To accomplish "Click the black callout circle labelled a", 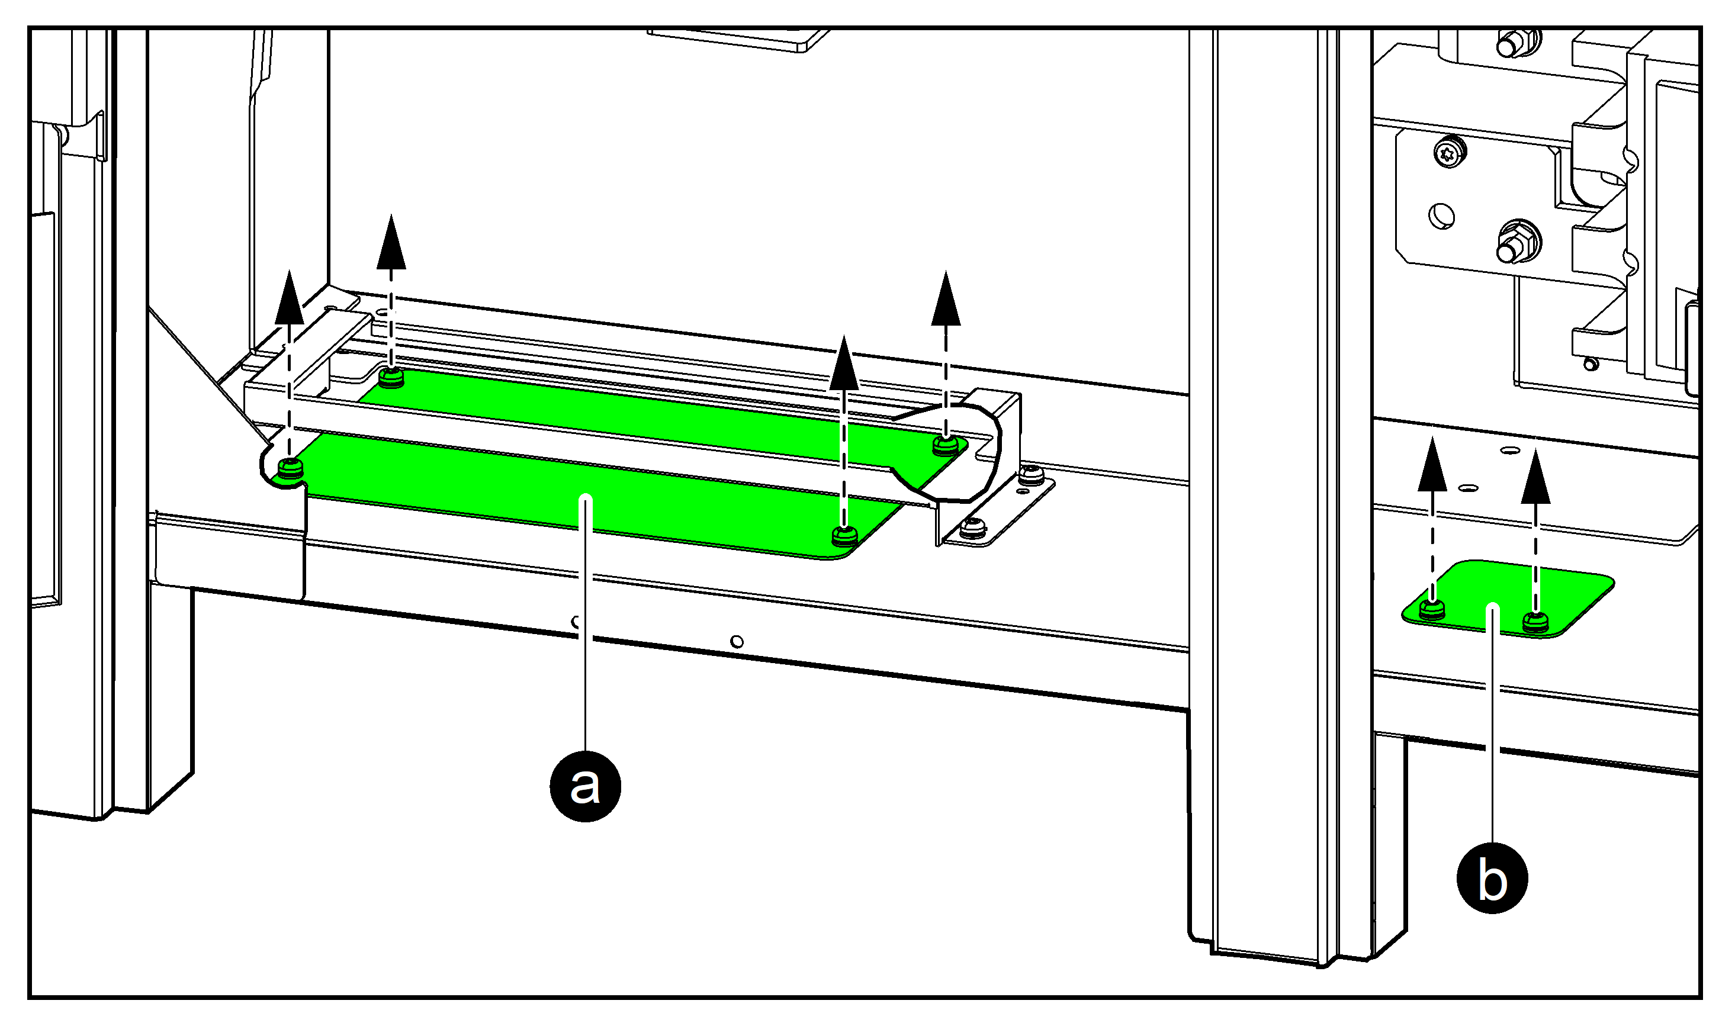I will pyautogui.click(x=585, y=786).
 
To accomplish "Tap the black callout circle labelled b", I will pyautogui.click(x=1492, y=878).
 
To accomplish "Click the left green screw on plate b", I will pyautogui.click(x=1432, y=609).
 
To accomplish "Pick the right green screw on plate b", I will pyautogui.click(x=1536, y=622).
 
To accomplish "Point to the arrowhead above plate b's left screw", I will pyautogui.click(x=1432, y=466).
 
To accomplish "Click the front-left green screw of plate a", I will pyautogui.click(x=290, y=468).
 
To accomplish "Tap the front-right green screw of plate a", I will pyautogui.click(x=844, y=535).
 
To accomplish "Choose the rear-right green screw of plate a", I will pyautogui.click(x=945, y=445).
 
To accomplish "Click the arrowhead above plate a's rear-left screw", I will pyautogui.click(x=391, y=243).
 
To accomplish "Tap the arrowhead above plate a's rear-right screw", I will pyautogui.click(x=945, y=300).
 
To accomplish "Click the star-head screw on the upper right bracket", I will pyautogui.click(x=1450, y=152).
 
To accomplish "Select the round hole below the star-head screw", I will pyautogui.click(x=1442, y=216).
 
